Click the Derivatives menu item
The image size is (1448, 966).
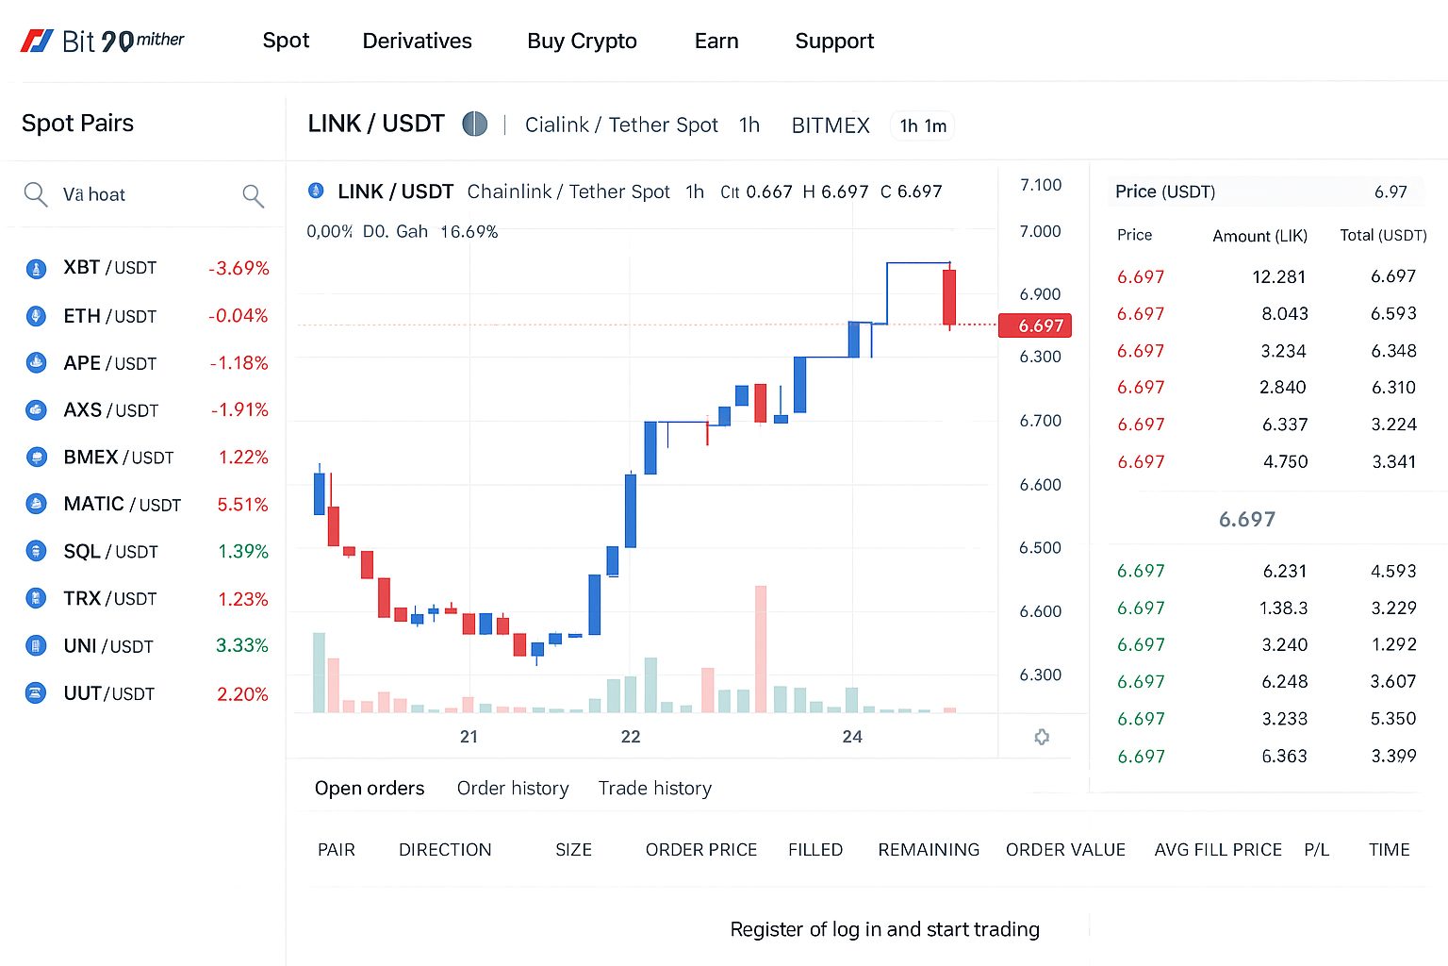417,42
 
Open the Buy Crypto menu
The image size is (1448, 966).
582,42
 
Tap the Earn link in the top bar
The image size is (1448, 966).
716,42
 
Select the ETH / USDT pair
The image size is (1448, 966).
109,316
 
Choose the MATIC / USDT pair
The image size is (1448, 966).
122,505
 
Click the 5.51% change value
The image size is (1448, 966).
242,505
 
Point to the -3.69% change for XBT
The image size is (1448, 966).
239,268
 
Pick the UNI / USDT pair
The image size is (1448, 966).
107,646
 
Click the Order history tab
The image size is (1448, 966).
513,789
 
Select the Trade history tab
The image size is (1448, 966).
654,789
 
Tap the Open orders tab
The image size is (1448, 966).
370,789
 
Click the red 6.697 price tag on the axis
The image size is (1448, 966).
1040,326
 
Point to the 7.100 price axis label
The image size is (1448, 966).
1040,185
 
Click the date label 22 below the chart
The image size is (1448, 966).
631,737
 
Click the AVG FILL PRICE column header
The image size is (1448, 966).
1218,850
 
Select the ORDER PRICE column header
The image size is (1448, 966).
701,850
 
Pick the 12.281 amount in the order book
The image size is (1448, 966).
1278,277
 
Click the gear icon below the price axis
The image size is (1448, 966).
1042,737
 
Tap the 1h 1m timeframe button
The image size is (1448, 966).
923,126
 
